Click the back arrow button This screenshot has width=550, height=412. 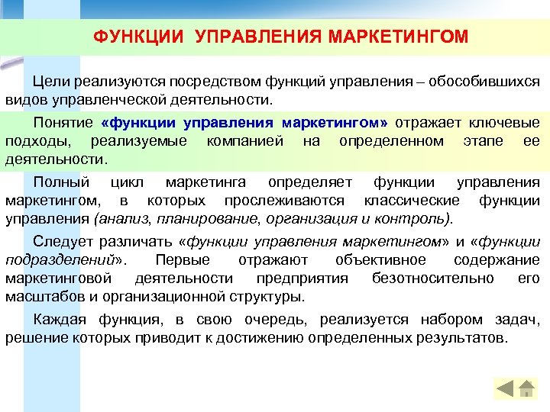pos(505,388)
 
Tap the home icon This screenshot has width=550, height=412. pos(526,388)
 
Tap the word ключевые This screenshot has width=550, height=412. pos(508,123)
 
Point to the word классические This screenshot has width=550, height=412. pos(412,201)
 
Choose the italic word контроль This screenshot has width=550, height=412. pos(419,220)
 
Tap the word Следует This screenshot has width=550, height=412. pos(65,243)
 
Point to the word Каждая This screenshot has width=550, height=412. pos(60,320)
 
